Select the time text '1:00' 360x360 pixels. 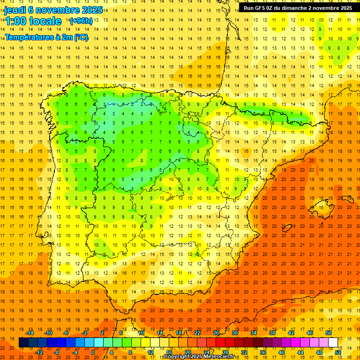pyautogui.click(x=15, y=21)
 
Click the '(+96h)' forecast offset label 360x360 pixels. pyautogui.click(x=81, y=21)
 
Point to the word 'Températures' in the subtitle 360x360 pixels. pyautogui.click(x=29, y=37)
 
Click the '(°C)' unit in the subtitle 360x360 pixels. pyautogui.click(x=80, y=37)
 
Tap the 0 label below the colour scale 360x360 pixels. pyautogui.click(x=93, y=352)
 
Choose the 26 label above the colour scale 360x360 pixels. pyautogui.click(x=216, y=333)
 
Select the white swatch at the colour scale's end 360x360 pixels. pyautogui.click(x=333, y=343)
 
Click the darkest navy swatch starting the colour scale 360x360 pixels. pyautogui.click(x=23, y=343)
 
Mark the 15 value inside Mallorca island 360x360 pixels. pyautogui.click(x=321, y=208)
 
